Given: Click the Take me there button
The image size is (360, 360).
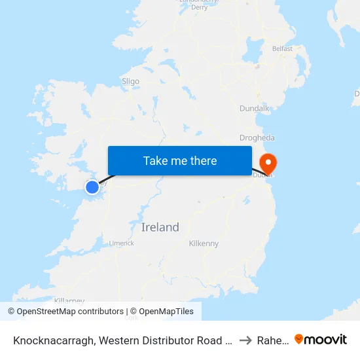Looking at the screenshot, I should click(180, 160).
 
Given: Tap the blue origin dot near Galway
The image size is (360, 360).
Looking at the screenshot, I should click(92, 187).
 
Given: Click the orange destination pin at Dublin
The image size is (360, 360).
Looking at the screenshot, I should click(268, 162).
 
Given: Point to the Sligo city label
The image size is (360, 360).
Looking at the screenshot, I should click(130, 81).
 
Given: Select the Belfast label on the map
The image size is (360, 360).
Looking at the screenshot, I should click(282, 48).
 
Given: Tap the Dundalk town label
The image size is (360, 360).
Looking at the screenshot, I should click(255, 108).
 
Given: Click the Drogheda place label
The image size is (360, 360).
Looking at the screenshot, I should click(257, 138).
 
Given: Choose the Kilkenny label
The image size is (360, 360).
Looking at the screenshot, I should click(204, 243).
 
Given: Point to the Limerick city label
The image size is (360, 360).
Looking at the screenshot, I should click(122, 243).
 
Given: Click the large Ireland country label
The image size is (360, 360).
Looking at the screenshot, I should click(160, 227).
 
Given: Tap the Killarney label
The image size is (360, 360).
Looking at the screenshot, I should click(70, 300).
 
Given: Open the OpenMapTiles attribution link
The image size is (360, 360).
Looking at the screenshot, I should click(162, 312).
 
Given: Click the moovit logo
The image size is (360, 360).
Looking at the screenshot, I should click(321, 340).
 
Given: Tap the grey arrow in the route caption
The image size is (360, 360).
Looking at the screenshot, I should click(245, 340).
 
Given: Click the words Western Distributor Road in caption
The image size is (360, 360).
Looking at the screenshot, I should click(164, 340).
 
